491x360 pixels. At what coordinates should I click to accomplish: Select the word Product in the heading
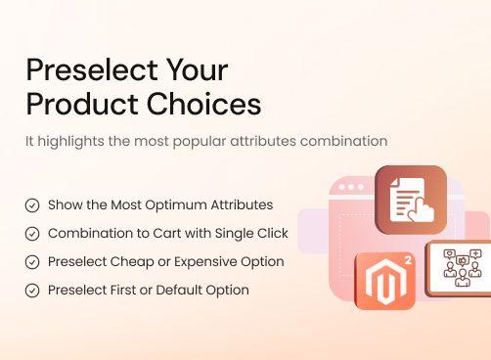82,104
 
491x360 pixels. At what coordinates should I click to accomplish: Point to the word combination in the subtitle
346,141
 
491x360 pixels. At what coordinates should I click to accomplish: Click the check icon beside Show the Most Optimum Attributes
32,205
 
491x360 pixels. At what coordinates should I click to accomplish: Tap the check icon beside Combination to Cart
32,234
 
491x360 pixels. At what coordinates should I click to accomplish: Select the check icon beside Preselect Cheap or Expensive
32,262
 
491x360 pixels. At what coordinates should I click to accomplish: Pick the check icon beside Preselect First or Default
32,291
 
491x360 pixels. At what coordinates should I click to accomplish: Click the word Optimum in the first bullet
171,205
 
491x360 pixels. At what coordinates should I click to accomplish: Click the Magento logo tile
384,281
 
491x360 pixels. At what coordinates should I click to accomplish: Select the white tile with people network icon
460,267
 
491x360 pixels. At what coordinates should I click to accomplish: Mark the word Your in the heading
198,70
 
